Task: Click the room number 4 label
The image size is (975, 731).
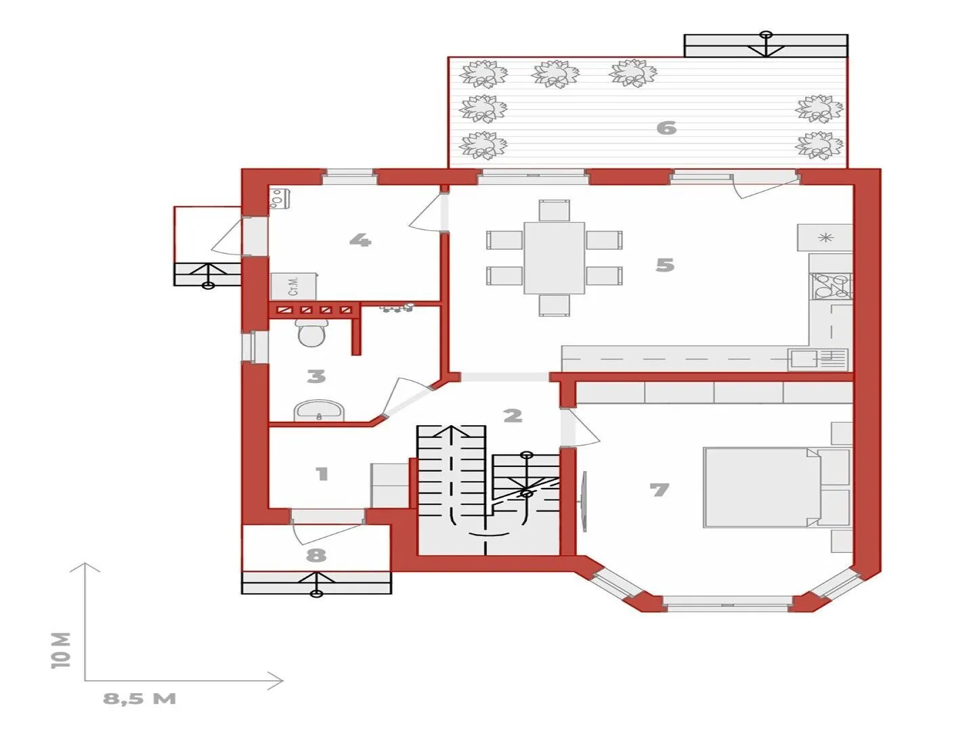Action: [x=360, y=240]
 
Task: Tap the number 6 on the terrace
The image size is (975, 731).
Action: [x=666, y=128]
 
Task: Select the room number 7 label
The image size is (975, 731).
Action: [x=659, y=490]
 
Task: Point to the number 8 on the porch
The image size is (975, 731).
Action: [x=316, y=555]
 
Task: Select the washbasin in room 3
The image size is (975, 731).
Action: [x=319, y=411]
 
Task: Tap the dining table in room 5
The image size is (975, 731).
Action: [x=554, y=257]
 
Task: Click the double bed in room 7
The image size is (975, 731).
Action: [x=762, y=487]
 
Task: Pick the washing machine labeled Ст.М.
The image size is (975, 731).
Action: [x=293, y=286]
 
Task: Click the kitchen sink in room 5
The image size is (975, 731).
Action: [x=818, y=359]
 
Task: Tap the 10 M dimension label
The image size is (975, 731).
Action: [x=61, y=650]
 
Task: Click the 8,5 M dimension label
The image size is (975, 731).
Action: [x=139, y=699]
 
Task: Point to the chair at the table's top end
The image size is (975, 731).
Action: [x=554, y=211]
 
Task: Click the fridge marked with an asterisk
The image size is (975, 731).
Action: [x=825, y=238]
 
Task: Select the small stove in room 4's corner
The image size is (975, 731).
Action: [x=279, y=198]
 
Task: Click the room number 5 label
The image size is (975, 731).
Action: [x=665, y=265]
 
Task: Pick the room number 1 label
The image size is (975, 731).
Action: [x=322, y=474]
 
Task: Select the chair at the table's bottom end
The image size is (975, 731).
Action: [x=554, y=305]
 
